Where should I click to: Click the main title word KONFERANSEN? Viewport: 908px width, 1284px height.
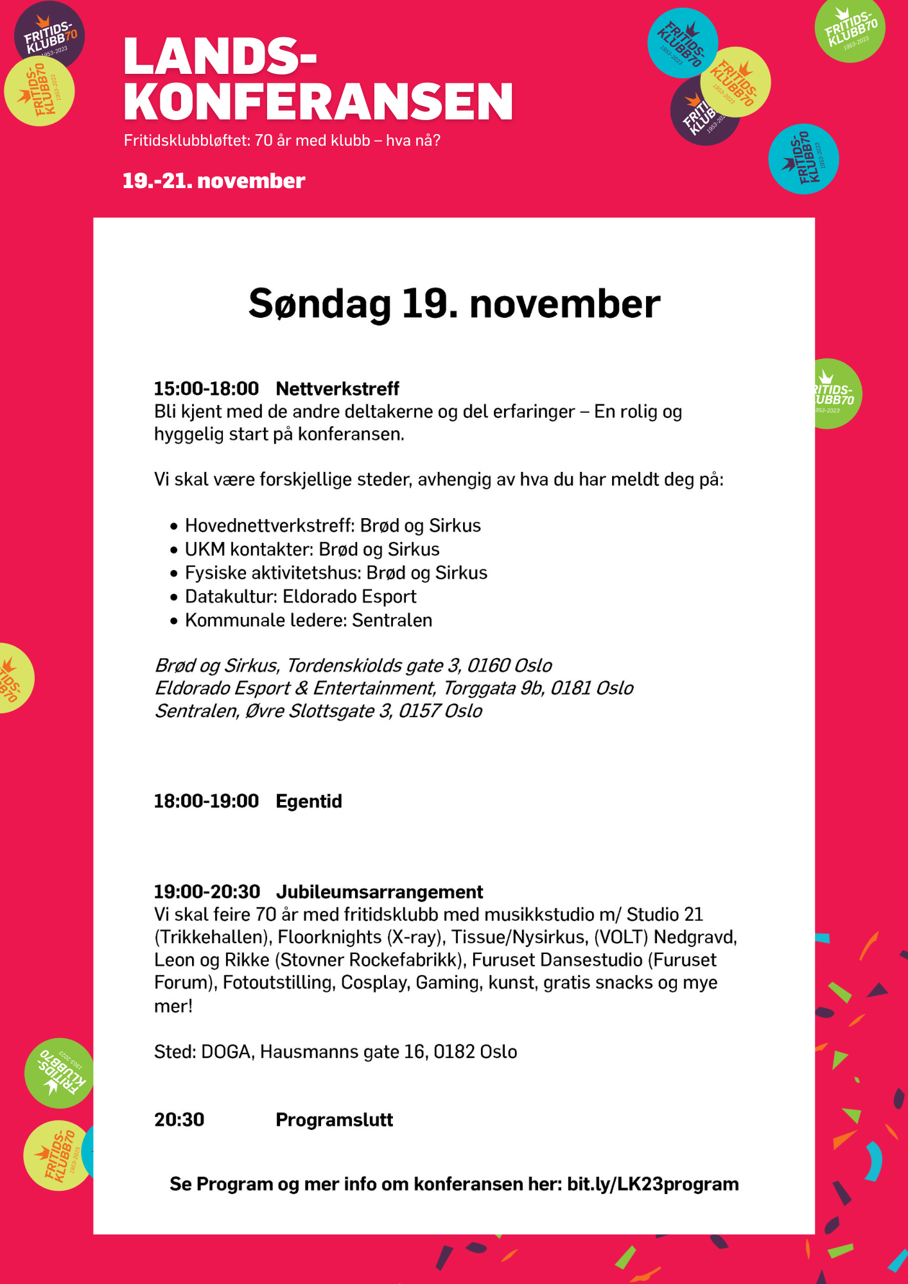(318, 101)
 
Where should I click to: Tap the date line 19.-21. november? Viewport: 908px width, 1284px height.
(213, 181)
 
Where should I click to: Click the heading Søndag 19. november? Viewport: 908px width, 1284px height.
(454, 304)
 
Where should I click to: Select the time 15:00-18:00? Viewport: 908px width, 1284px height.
(206, 388)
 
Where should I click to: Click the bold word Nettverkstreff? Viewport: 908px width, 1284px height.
(337, 388)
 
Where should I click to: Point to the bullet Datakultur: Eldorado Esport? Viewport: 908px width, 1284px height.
(301, 596)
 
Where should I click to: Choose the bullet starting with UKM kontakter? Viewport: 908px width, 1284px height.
(312, 550)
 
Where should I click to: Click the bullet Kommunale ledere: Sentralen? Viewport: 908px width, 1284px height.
(308, 620)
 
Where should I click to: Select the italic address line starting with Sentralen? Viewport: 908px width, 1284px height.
(319, 711)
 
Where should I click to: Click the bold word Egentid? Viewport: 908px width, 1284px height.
(308, 801)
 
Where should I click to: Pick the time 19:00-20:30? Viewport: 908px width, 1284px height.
(207, 892)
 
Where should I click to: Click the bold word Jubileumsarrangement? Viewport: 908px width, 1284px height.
(379, 892)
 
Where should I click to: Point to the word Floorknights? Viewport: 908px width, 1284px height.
(329, 937)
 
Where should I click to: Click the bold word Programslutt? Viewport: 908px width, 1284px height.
(334, 1120)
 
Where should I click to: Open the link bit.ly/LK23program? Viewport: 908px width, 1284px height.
(652, 1184)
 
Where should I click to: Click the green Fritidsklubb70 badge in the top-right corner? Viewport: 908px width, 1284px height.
(850, 30)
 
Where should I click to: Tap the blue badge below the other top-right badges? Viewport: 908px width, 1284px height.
(803, 159)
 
